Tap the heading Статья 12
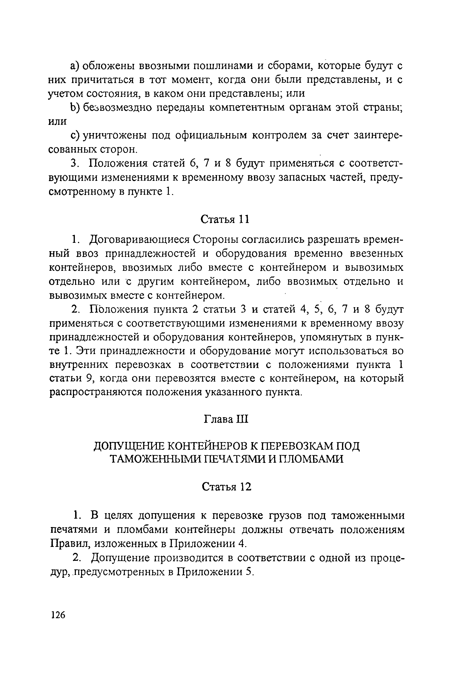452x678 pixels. pos(226,487)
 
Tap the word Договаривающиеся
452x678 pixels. pos(139,240)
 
